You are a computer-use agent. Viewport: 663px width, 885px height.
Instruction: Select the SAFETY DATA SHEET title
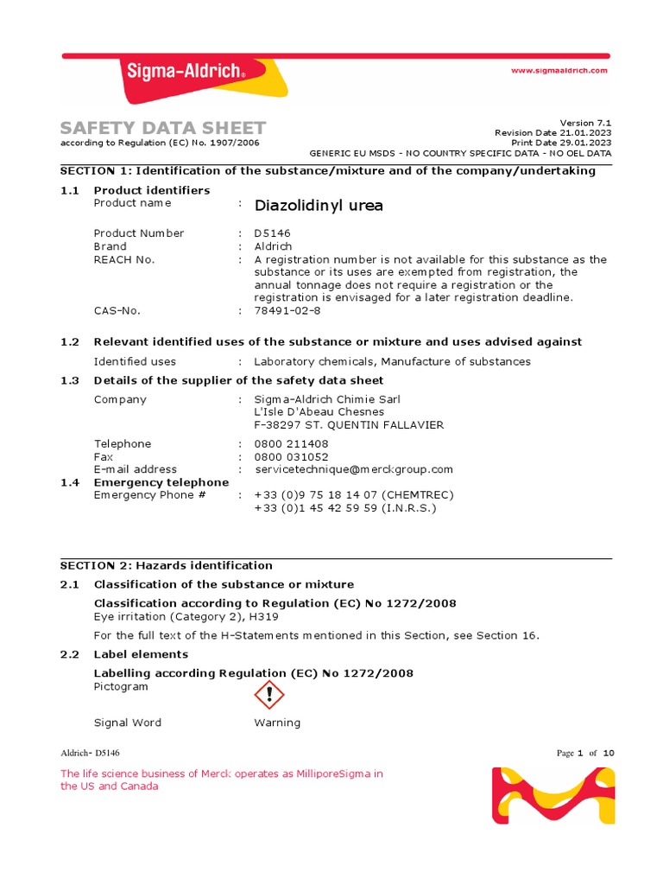tap(163, 128)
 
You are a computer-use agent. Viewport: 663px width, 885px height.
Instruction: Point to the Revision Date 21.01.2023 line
tap(552, 132)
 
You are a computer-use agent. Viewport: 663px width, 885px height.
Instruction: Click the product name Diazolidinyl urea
tap(319, 206)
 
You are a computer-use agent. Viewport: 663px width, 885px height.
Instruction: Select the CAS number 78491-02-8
tap(287, 310)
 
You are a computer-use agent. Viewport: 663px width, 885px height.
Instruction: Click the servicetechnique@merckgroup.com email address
tap(353, 469)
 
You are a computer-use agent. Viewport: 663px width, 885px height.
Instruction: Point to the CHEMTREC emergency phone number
tap(353, 495)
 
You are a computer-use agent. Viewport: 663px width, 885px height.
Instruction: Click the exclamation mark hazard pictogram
tap(269, 695)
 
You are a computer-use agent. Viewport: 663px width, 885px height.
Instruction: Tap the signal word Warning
tap(277, 723)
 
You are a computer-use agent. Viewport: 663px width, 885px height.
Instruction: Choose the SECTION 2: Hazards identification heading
tap(166, 566)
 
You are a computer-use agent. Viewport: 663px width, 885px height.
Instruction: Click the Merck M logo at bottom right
tap(553, 795)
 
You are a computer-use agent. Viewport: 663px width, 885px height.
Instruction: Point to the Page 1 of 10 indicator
tap(585, 754)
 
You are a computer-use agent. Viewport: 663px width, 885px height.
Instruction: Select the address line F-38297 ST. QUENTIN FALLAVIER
tap(349, 425)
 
